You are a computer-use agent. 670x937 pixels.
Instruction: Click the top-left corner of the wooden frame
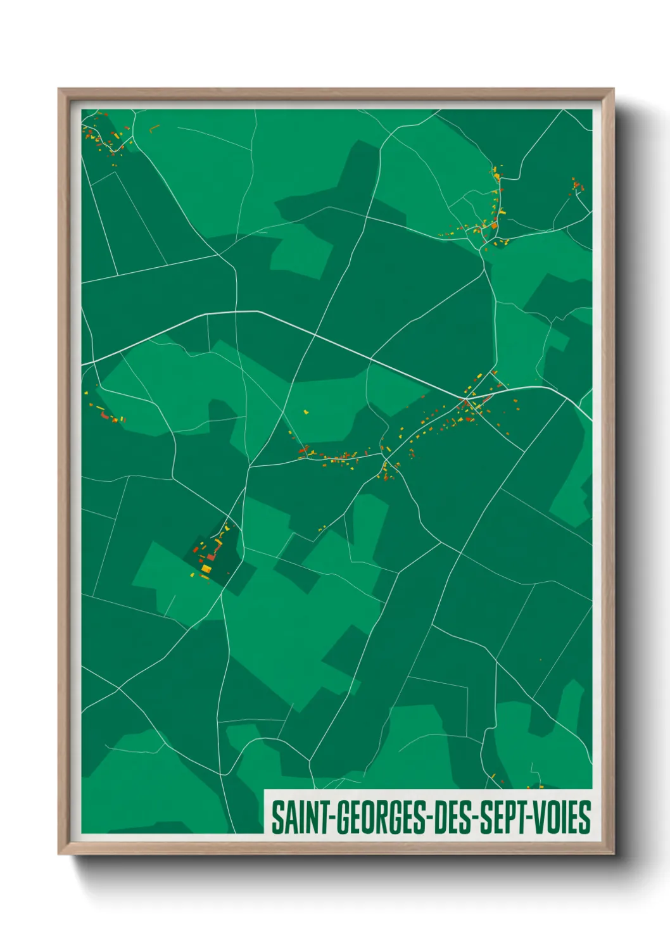[x=59, y=89]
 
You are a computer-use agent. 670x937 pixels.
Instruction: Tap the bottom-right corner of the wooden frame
[x=613, y=854]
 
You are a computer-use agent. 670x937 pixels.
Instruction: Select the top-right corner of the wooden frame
[x=613, y=89]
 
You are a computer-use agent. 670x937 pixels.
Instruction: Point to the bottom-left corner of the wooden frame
[x=59, y=854]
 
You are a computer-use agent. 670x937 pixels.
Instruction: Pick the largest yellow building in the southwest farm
[x=206, y=569]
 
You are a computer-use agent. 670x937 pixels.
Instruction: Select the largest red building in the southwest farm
[x=211, y=557]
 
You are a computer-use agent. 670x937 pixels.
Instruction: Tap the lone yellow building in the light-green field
[x=307, y=412]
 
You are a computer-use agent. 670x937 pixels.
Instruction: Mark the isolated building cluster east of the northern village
[x=577, y=186]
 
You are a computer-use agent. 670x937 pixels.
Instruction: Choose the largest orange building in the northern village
[x=494, y=225]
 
